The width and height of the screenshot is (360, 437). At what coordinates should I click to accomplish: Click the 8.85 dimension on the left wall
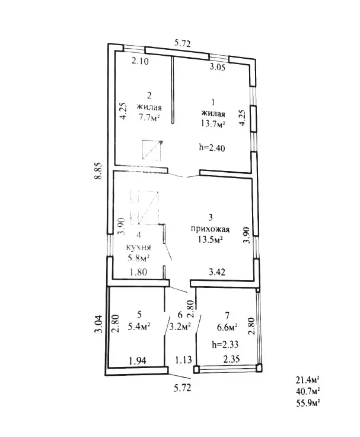[x=98, y=171]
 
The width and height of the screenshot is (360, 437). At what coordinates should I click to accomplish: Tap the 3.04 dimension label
[x=98, y=324]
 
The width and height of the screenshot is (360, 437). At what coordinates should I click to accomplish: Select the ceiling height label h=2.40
[x=212, y=147]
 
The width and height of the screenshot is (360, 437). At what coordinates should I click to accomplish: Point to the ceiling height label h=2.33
[x=225, y=344]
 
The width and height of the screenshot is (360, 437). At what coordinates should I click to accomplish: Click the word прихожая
[x=210, y=229]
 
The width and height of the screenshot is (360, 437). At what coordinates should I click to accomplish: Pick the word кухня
[x=139, y=247]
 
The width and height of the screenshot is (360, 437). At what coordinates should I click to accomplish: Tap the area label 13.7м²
[x=213, y=123]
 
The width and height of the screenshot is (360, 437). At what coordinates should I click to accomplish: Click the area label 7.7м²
[x=149, y=118]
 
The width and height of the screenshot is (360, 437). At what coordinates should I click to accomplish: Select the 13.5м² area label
[x=210, y=239]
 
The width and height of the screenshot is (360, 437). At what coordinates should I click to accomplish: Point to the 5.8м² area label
[x=139, y=258]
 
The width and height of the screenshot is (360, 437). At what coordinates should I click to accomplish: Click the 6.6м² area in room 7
[x=227, y=327]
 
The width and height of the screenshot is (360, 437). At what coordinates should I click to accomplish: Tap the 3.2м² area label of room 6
[x=180, y=326]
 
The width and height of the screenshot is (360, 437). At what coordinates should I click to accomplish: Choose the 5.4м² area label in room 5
[x=139, y=326]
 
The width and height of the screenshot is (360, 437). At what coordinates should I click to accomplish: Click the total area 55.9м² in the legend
[x=308, y=403]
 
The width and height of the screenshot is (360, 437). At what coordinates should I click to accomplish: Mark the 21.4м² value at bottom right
[x=308, y=379]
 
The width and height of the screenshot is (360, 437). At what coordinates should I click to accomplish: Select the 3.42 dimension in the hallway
[x=217, y=272]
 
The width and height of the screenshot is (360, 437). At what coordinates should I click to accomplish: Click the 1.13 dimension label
[x=183, y=360]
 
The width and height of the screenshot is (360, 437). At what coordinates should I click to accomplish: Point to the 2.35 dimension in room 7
[x=231, y=359]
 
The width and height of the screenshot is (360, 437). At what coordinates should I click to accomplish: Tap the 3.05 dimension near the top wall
[x=217, y=67]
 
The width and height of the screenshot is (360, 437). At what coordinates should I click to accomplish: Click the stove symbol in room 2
[x=152, y=150]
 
